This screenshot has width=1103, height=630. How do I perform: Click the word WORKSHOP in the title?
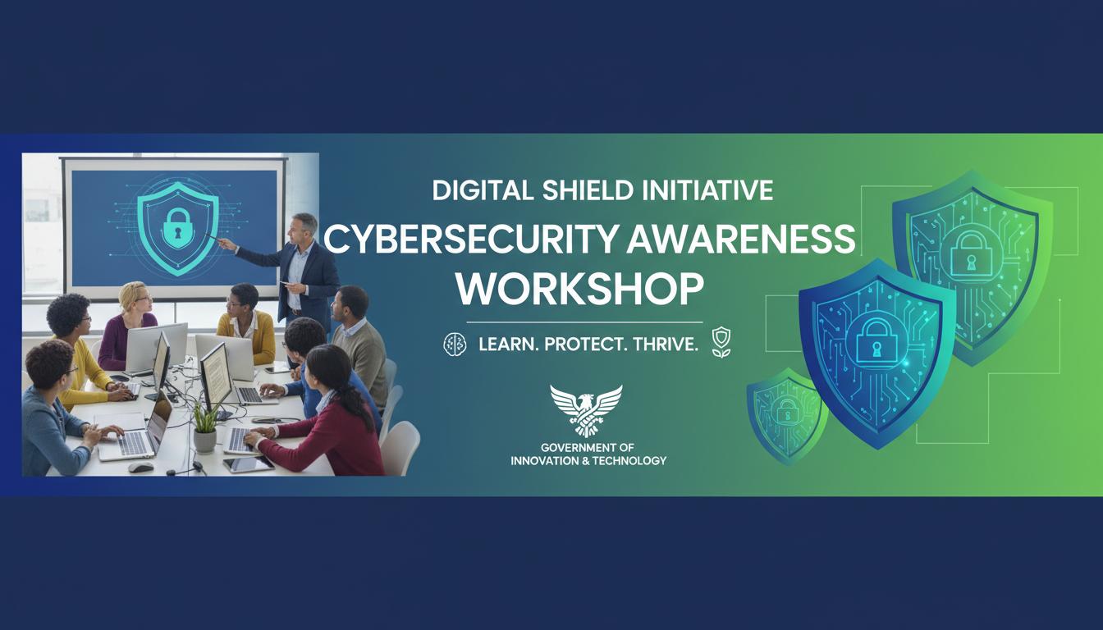580,290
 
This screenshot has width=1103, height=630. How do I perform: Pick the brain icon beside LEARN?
454,344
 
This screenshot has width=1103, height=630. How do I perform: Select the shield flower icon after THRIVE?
720,342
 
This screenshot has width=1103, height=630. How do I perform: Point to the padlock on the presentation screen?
175,231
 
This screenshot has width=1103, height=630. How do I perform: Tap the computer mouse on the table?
140,467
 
